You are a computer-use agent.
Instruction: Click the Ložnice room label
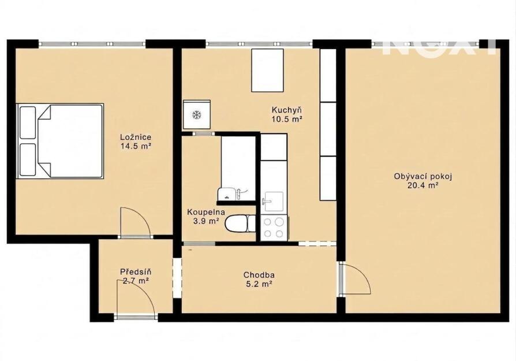136,137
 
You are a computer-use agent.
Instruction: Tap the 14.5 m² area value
136,146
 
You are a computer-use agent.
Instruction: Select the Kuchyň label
287,110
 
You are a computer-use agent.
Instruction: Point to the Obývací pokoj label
423,177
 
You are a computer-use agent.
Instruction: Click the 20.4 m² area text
423,185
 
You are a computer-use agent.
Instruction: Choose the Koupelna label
206,212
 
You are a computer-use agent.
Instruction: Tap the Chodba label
259,275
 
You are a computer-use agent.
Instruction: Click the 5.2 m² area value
259,284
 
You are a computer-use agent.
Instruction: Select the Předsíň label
136,272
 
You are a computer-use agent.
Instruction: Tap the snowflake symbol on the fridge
197,115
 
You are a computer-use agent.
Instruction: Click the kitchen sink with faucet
273,201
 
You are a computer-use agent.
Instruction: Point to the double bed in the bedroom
60,142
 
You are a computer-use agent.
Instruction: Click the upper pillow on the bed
28,122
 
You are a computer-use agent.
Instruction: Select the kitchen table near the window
268,70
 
